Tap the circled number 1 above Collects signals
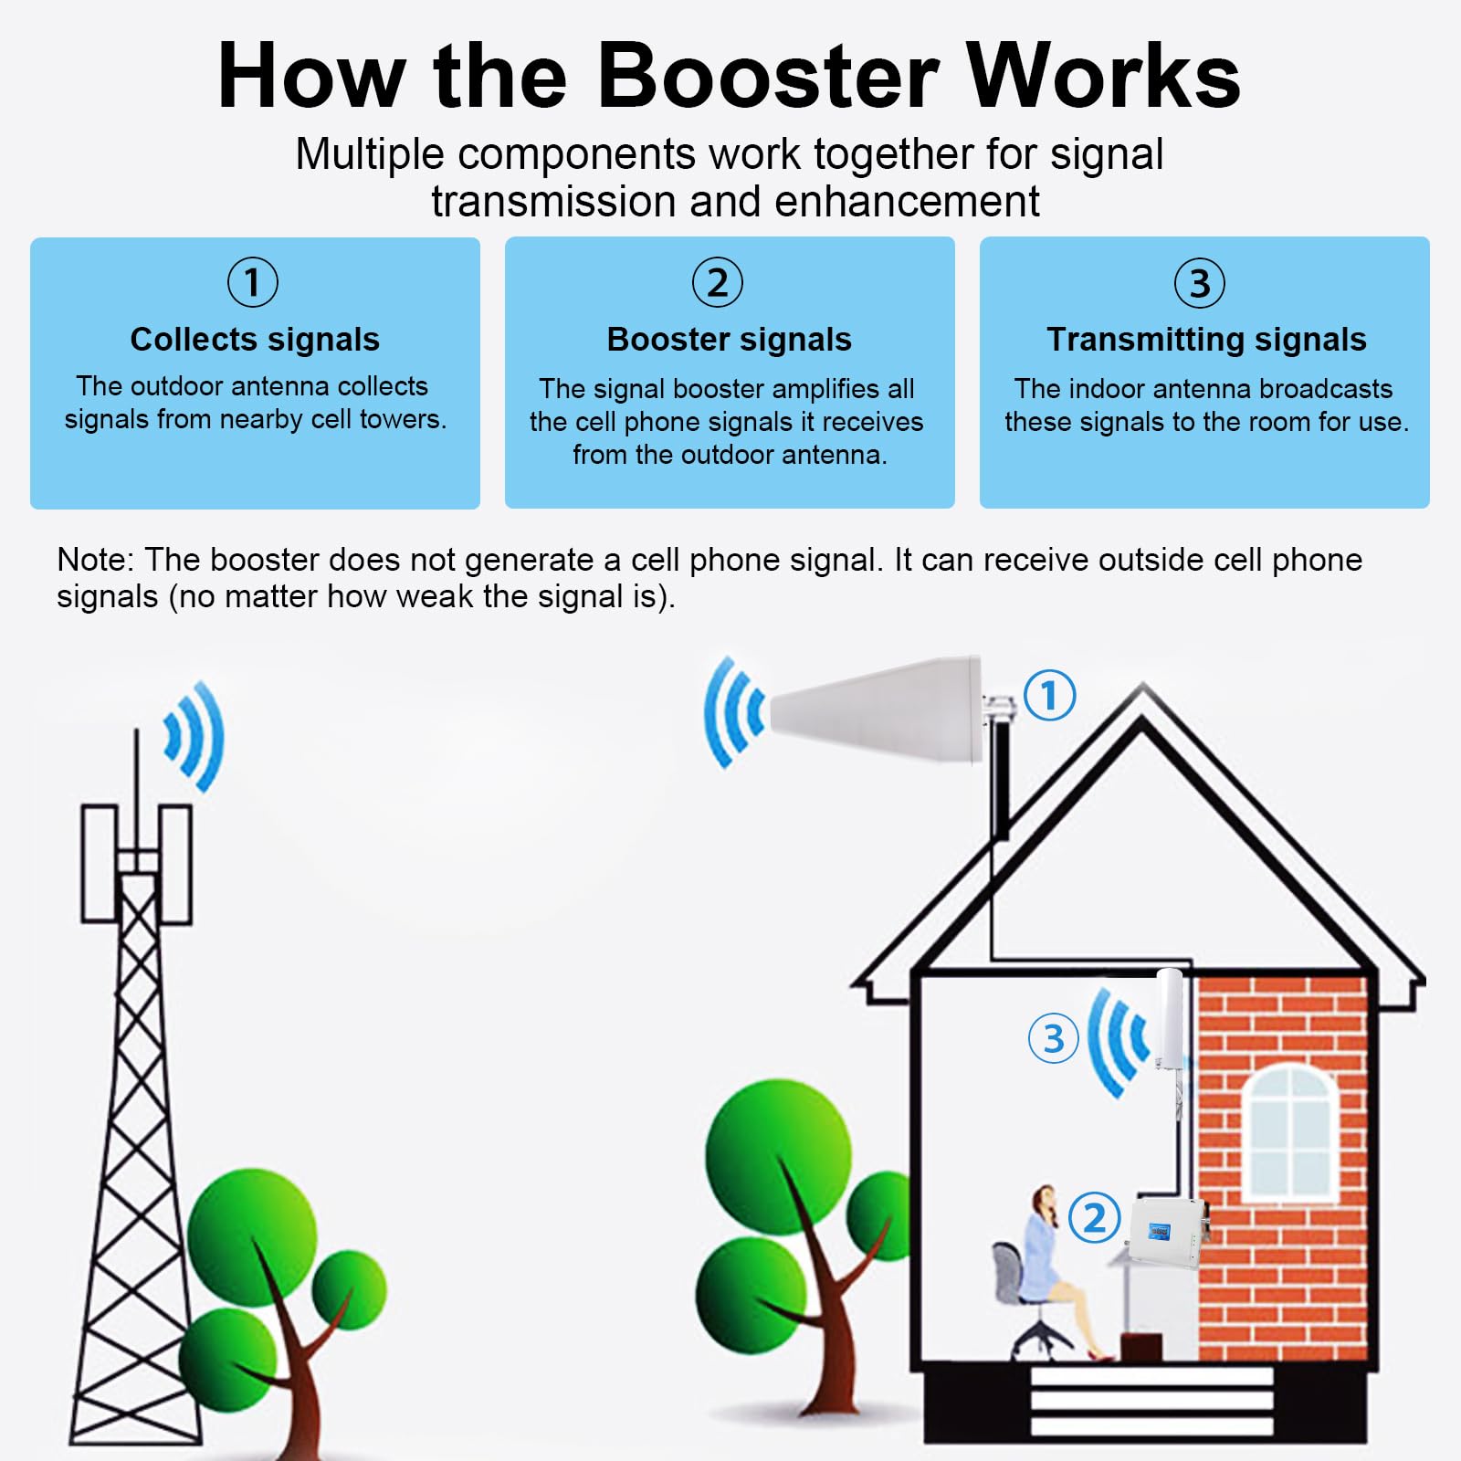tap(253, 282)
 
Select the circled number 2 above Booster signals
tap(718, 282)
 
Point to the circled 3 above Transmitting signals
tap(1199, 283)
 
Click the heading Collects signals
tap(255, 340)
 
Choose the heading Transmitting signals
tap(1206, 340)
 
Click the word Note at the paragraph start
tap(95, 560)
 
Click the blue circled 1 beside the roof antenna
tap(1049, 695)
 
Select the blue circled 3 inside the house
tap(1053, 1038)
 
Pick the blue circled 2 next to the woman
tap(1094, 1217)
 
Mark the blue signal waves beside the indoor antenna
tap(1117, 1040)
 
